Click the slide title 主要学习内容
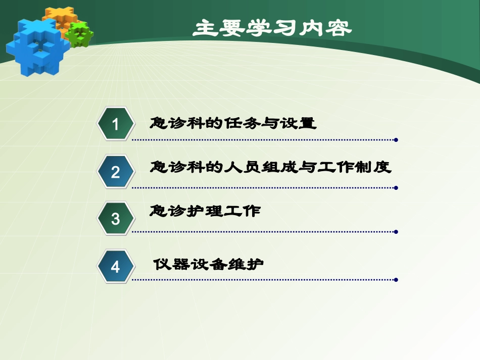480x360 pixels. click(272, 28)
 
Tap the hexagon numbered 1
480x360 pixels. click(116, 124)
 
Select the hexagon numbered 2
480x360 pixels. click(116, 172)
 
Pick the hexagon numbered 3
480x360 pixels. click(116, 219)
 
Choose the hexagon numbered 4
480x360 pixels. click(116, 266)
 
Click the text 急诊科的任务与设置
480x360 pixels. click(233, 123)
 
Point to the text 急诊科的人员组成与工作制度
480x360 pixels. click(271, 167)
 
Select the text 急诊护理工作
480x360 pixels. click(205, 211)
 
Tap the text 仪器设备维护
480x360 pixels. click(209, 264)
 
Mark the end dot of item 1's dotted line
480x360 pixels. click(396, 140)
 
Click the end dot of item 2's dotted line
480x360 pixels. click(396, 187)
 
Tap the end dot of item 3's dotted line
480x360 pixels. click(396, 232)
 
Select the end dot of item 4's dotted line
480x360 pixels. click(396, 280)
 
